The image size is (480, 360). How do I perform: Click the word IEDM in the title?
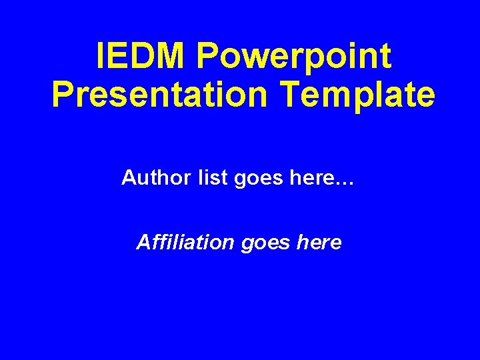[141, 57]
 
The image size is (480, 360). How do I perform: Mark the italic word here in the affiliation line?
[317, 242]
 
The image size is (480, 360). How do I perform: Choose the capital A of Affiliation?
[143, 242]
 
